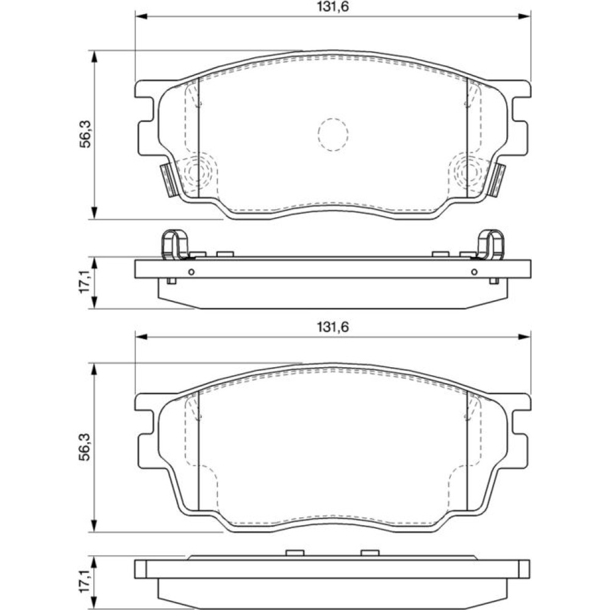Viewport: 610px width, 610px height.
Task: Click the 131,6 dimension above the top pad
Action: [332, 7]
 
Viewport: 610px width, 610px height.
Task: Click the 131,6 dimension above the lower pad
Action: [332, 327]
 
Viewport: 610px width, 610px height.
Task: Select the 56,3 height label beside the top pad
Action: [85, 134]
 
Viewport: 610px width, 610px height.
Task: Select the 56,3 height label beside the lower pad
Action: [85, 447]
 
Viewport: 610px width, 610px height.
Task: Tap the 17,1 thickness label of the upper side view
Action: [85, 282]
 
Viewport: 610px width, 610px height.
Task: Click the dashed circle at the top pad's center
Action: [332, 134]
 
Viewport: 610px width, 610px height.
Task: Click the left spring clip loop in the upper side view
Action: [174, 245]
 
